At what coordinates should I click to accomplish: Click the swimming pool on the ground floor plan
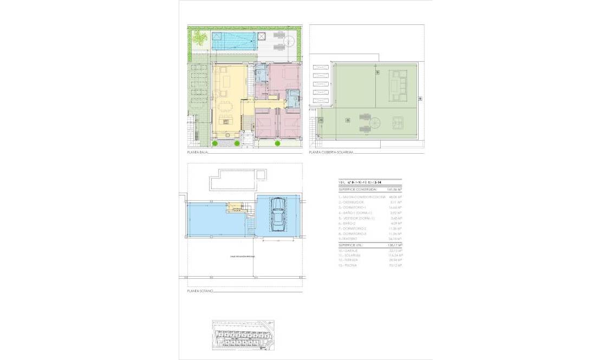pyautogui.click(x=233, y=41)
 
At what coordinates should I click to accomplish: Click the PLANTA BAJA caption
pyautogui.click(x=198, y=153)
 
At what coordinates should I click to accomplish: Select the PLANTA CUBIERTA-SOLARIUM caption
pyautogui.click(x=331, y=153)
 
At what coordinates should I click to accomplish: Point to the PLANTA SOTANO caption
pyautogui.click(x=200, y=291)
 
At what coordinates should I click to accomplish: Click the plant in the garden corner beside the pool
pyautogui.click(x=200, y=38)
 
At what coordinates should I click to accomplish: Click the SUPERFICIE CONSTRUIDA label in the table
pyautogui.click(x=357, y=190)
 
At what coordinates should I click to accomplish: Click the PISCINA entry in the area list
pyautogui.click(x=351, y=266)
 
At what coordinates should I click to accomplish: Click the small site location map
pyautogui.click(x=243, y=334)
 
